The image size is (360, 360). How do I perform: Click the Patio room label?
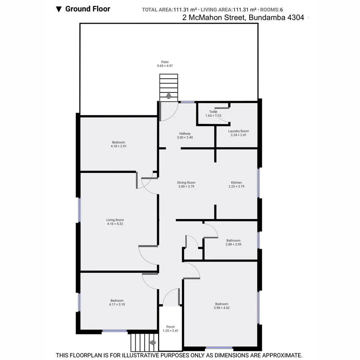coord(165,62)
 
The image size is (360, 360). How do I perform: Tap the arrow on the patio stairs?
coord(168,95)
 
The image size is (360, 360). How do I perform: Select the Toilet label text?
coord(213,112)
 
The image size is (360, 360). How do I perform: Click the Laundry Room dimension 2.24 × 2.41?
coord(238,135)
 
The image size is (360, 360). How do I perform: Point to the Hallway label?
coord(185,134)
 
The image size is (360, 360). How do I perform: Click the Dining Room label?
coord(186,183)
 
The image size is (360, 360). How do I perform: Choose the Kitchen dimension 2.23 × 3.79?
coord(236,186)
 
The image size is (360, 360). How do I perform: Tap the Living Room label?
coord(115,220)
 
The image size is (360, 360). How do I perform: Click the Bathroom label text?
coord(233,240)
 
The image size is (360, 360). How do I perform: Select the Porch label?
coord(170,327)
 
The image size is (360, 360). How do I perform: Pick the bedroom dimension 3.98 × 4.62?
coord(222,308)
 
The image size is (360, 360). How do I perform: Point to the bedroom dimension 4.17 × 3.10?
coord(117,304)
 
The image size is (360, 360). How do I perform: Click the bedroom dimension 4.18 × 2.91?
coord(118,146)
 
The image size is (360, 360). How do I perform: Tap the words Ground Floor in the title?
coord(88,8)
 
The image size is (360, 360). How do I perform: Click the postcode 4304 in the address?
coord(294,17)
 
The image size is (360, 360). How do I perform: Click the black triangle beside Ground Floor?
coord(58,9)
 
